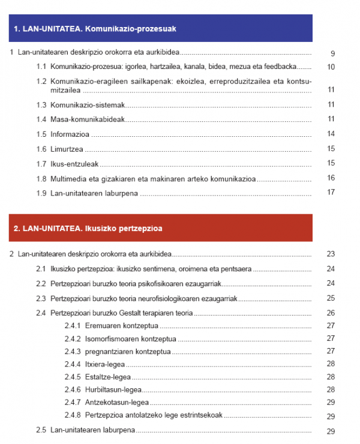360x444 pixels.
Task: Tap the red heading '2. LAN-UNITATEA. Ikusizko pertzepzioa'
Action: (88, 228)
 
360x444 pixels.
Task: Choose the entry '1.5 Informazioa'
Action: (64, 134)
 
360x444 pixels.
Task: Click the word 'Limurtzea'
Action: (67, 149)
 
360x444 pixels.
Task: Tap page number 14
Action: (331, 134)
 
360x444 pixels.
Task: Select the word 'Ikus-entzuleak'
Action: (74, 163)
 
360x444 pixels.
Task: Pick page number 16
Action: (331, 178)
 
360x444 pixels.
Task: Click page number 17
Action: (331, 193)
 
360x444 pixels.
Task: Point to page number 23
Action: (331, 254)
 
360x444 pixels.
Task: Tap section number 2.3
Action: (41, 298)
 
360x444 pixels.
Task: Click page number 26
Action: (331, 313)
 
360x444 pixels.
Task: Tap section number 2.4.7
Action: (73, 403)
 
